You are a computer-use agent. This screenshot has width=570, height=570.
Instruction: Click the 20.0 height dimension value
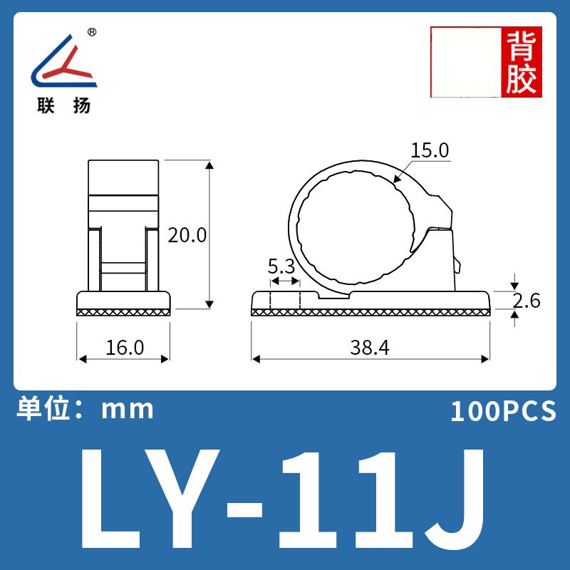coord(187,235)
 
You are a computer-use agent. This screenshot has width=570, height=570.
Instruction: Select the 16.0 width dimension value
coord(125,347)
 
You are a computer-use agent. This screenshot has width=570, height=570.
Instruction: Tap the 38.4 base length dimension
coord(370,347)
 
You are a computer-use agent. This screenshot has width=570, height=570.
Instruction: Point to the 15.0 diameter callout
coord(430,150)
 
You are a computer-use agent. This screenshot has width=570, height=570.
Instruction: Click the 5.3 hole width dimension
coord(281,266)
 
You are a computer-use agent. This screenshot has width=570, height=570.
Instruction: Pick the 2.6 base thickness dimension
coord(527,301)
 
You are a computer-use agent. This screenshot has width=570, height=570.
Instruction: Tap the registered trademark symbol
coord(93,32)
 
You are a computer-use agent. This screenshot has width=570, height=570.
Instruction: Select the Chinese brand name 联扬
coord(64,105)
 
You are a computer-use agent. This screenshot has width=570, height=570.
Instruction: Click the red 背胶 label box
coord(522,62)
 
